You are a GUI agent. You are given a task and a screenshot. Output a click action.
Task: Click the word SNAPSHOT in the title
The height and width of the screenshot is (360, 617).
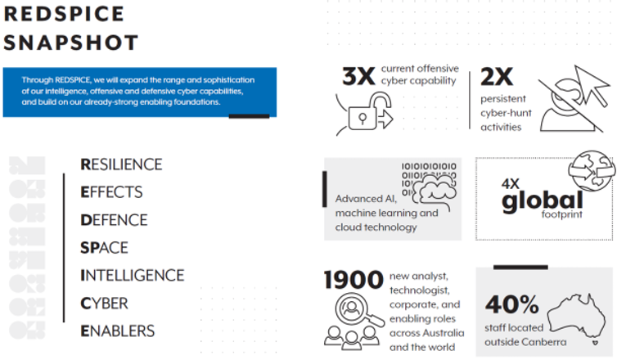tap(71, 43)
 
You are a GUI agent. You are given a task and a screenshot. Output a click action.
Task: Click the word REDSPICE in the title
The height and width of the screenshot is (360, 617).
tap(64, 14)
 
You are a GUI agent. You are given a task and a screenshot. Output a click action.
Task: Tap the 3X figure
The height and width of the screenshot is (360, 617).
tap(358, 76)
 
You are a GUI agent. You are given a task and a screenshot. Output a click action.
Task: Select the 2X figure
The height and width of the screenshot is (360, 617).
tap(497, 76)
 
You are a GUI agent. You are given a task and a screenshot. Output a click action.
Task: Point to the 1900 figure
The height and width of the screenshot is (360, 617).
tap(354, 280)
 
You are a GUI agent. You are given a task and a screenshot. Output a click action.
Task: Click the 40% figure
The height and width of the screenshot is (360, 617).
tap(512, 304)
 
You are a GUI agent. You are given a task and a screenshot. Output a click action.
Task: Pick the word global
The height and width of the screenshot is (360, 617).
tap(543, 201)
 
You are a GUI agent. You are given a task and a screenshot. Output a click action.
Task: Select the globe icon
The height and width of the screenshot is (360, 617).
tap(592, 170)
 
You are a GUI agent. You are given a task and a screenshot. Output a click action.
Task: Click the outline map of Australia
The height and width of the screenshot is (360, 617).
tap(577, 318)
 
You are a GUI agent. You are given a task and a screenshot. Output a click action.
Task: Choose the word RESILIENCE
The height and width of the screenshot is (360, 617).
tap(121, 164)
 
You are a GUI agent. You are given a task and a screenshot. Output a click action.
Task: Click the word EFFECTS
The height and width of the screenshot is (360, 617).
tap(111, 192)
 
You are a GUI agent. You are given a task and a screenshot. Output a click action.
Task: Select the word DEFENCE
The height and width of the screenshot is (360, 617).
tap(114, 220)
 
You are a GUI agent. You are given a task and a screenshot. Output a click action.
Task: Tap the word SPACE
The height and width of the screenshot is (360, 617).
tap(104, 248)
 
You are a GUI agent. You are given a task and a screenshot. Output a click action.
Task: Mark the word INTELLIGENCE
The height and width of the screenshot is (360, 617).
tap(133, 276)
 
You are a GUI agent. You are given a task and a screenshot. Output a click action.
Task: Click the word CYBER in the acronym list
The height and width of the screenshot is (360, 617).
tap(104, 304)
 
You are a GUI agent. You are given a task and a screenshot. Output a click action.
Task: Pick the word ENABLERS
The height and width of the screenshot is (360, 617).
tap(117, 331)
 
